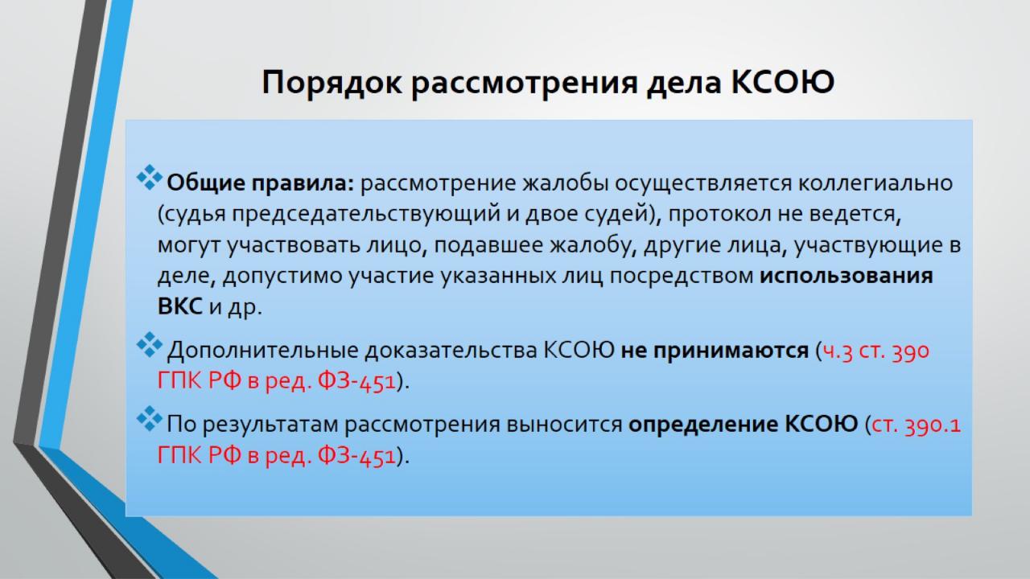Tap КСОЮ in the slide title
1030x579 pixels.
(x=782, y=82)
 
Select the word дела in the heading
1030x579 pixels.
(x=684, y=83)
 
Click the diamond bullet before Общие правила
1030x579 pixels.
(x=150, y=178)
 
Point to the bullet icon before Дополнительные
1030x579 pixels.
(x=150, y=345)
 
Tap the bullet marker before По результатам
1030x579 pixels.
(x=150, y=419)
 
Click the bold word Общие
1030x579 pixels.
(x=205, y=183)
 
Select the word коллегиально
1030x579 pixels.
(x=875, y=183)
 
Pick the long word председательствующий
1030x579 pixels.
(x=365, y=214)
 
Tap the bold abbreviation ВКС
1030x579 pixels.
(x=179, y=306)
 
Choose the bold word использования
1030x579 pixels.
(x=846, y=276)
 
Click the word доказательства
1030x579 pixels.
(x=451, y=351)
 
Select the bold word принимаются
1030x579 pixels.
(x=731, y=351)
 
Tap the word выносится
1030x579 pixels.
(x=564, y=425)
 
